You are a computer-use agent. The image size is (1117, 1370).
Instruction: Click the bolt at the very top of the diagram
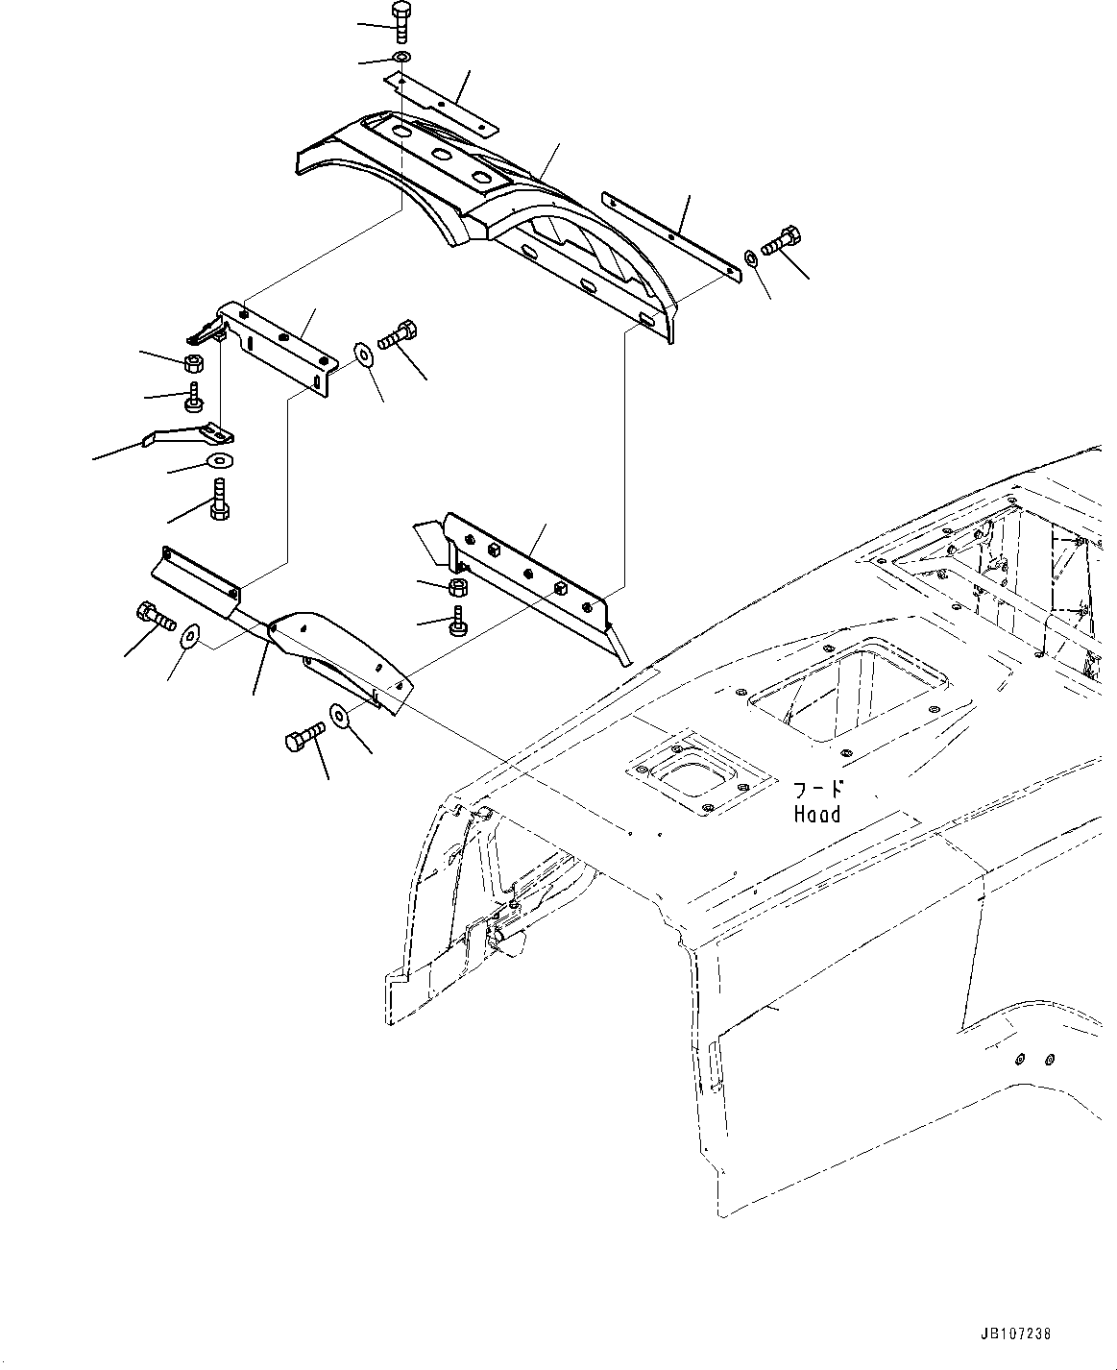tap(401, 20)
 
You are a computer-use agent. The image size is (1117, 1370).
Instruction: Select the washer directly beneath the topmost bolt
tap(401, 60)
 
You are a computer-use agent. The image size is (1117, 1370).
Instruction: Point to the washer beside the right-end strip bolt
tap(749, 257)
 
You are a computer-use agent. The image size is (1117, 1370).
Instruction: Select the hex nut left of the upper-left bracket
tap(191, 363)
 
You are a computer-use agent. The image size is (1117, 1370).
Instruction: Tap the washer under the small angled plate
tap(220, 459)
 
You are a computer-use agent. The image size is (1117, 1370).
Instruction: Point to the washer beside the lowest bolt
tap(339, 714)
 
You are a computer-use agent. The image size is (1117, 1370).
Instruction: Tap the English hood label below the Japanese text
tap(816, 815)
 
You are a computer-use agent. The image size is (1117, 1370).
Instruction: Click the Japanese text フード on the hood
tap(817, 790)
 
